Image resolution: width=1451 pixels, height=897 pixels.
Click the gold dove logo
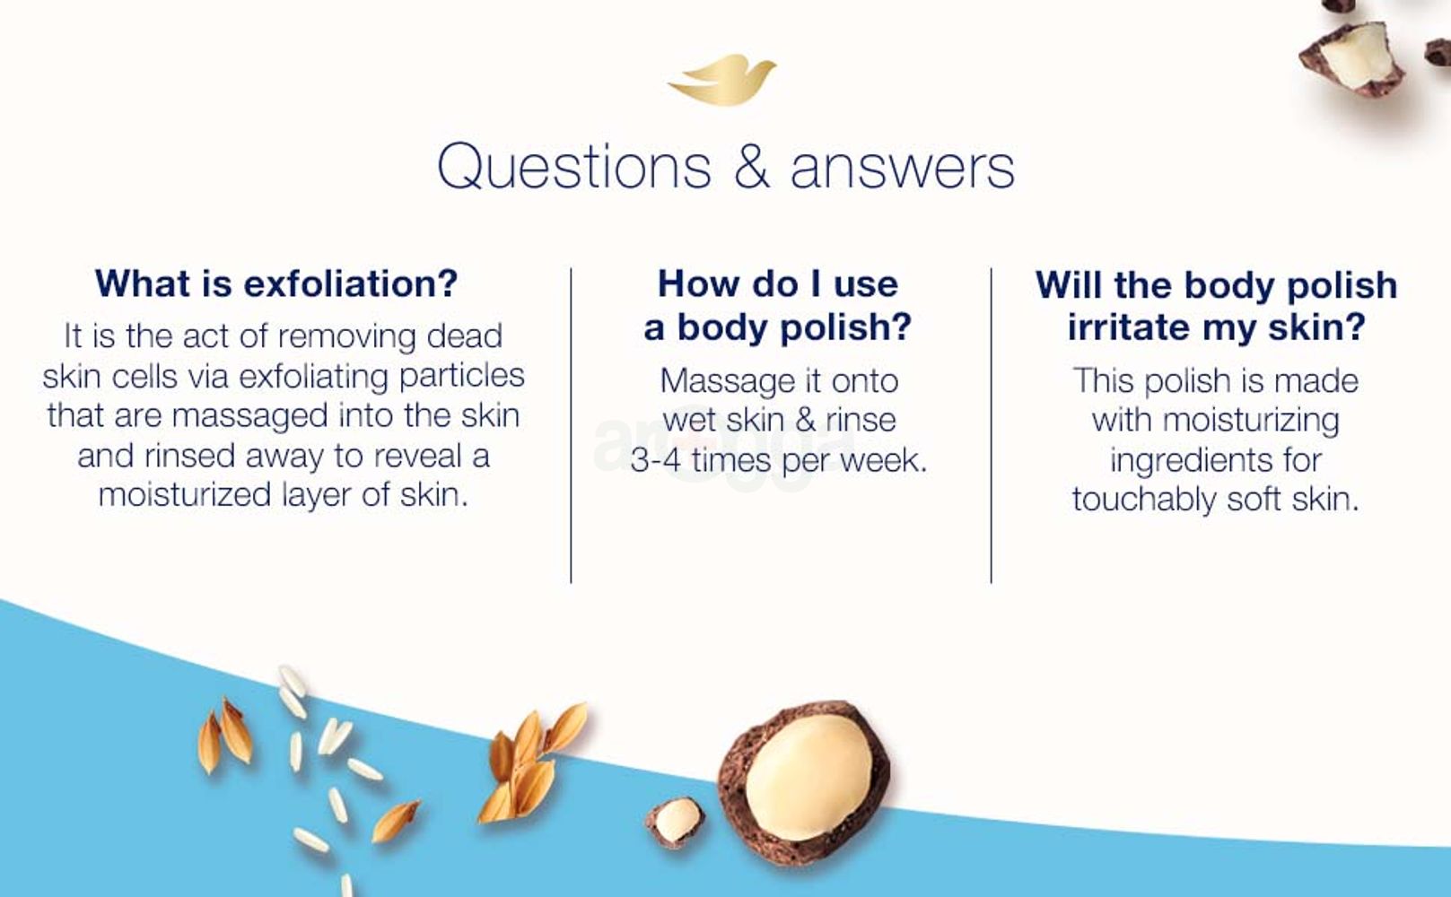722,81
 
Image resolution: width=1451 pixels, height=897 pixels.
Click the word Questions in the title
574,167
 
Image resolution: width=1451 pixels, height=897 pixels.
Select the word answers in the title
903,169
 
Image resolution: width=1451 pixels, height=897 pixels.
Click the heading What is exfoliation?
276,283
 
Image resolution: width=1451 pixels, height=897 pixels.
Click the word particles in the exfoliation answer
462,376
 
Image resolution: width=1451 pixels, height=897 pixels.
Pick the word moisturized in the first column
185,495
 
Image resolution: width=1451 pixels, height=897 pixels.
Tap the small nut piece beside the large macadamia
676,822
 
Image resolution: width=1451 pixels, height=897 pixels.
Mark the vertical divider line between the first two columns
571,425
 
